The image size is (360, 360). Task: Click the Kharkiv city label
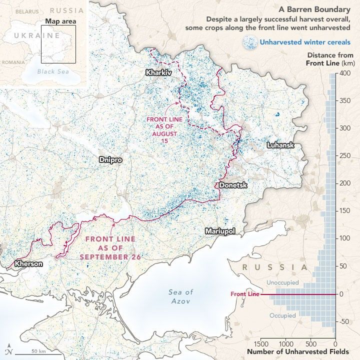[x=158, y=72]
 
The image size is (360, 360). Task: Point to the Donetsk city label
[x=233, y=185]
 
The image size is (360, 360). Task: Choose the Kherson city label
[x=29, y=263]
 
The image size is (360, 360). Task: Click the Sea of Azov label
[x=180, y=296]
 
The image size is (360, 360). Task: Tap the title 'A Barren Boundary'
[x=321, y=9]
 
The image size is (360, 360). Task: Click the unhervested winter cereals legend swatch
[x=249, y=42]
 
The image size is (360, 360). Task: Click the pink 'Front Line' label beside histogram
[x=245, y=294]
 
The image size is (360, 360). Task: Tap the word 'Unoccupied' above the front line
[x=282, y=283]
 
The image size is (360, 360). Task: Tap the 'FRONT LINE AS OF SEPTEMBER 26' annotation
[x=110, y=248]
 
